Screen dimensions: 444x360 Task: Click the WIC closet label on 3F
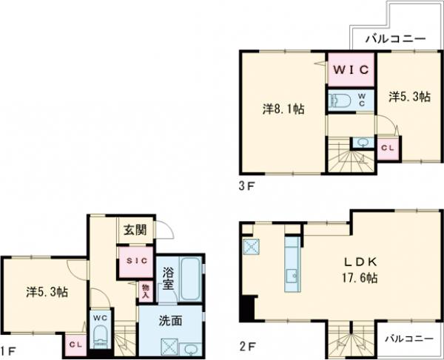click(351, 69)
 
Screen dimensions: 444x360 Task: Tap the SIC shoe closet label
click(137, 261)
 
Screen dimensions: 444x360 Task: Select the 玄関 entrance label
click(135, 230)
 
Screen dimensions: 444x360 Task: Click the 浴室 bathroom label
click(168, 279)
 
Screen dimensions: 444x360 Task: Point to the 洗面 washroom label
click(170, 321)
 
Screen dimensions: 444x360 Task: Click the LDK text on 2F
click(360, 262)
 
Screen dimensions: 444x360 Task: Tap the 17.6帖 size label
click(360, 278)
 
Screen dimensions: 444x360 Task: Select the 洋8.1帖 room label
click(283, 109)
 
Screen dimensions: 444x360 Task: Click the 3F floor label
click(247, 186)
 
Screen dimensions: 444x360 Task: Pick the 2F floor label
click(248, 346)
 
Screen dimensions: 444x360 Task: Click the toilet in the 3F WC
click(341, 101)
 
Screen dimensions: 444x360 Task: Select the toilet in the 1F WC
click(101, 336)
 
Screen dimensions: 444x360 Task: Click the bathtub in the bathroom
click(191, 279)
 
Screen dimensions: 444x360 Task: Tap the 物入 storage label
click(146, 291)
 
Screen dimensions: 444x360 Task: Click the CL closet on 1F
click(76, 344)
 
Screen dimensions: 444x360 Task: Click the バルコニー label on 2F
click(409, 339)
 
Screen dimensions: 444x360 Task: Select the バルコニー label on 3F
click(395, 38)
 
